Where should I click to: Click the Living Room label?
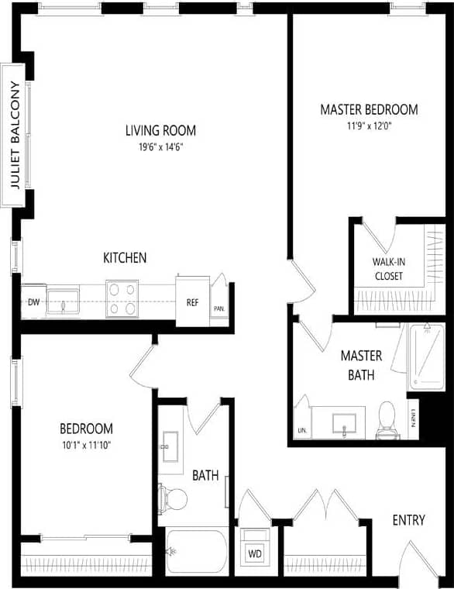coord(160,130)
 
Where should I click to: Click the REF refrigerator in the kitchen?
coord(192,301)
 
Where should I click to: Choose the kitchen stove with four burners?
coord(122,298)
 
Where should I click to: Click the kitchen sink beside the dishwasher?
coord(62,301)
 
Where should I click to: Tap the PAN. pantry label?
coord(220,308)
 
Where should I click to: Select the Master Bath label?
coord(362,365)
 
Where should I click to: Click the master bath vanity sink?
coord(343,423)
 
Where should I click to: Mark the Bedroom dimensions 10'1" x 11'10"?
coord(86,445)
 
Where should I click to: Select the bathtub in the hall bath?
coord(197,551)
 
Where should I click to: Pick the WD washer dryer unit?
coord(253,553)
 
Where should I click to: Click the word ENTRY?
coord(408,520)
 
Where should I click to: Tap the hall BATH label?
coord(205,475)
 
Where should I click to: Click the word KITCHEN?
coord(126,257)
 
